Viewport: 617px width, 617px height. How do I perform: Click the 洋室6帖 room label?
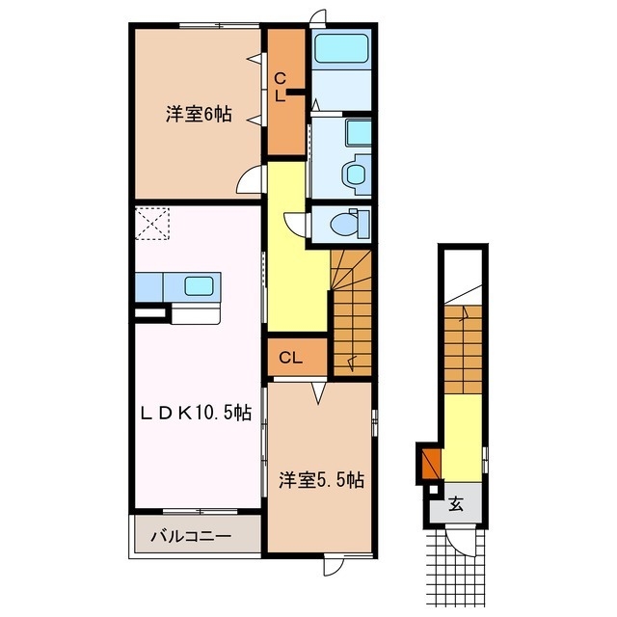(x=198, y=113)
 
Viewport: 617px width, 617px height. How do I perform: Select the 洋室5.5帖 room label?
(x=321, y=479)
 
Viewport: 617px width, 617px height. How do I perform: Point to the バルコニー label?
(x=196, y=536)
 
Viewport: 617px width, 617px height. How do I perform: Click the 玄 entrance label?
(x=456, y=502)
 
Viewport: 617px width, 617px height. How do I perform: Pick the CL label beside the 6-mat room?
(x=281, y=87)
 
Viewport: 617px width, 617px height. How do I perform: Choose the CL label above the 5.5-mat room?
(x=291, y=358)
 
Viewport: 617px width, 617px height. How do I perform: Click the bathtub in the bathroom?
(x=341, y=49)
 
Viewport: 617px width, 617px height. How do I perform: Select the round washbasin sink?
(x=355, y=174)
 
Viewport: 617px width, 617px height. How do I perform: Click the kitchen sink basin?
(x=201, y=285)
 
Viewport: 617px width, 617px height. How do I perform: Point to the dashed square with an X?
(x=150, y=225)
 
